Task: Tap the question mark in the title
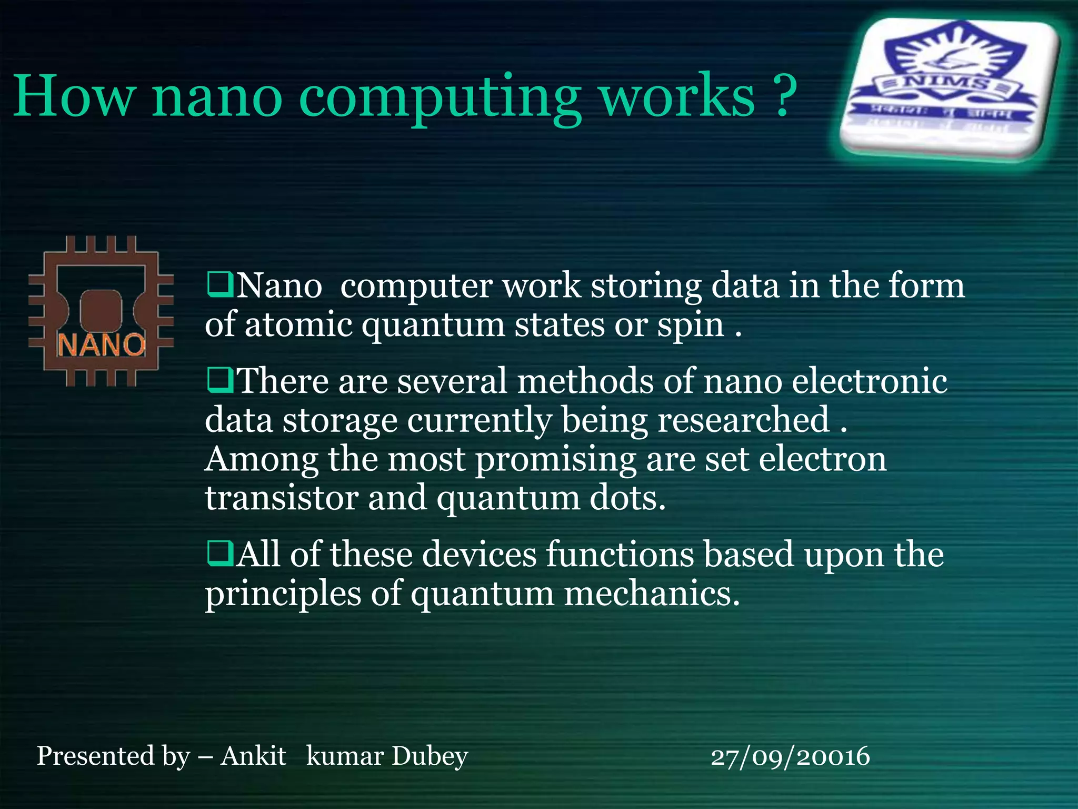pos(784,95)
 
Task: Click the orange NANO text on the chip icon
pos(101,346)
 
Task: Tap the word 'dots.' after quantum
pos(627,497)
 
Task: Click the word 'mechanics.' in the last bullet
pos(652,593)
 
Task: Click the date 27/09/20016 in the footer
pos(790,756)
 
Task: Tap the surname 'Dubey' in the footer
pos(430,756)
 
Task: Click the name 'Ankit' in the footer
pos(253,755)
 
